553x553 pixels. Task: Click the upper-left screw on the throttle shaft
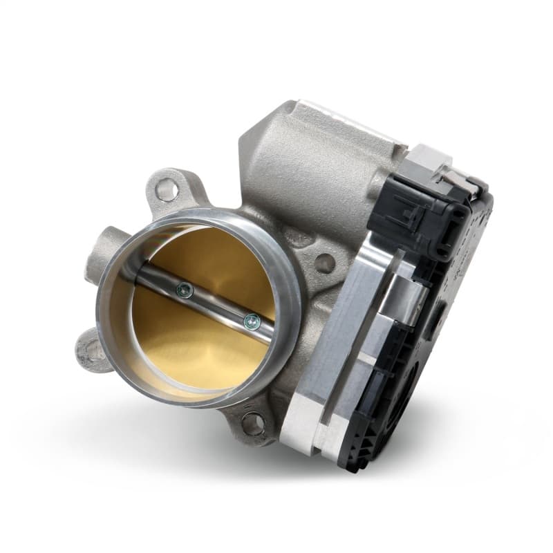(x=183, y=291)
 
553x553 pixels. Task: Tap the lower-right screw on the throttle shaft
(x=252, y=320)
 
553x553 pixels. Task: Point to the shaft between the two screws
(x=218, y=306)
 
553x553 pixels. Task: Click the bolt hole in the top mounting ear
(x=166, y=188)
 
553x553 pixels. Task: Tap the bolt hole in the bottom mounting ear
(x=253, y=423)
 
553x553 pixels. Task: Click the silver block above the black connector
(x=429, y=163)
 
